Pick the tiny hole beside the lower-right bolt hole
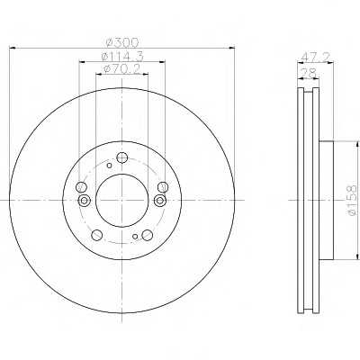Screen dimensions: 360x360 coord(135,237)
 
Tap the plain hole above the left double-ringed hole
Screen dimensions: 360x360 coord(82,186)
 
